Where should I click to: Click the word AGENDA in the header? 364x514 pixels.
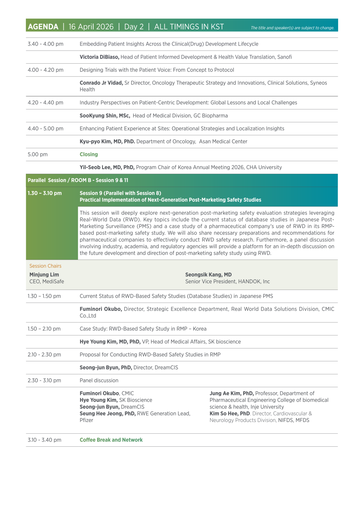43,27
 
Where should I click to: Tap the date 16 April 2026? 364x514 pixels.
91,27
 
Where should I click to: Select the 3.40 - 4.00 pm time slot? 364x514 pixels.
45,44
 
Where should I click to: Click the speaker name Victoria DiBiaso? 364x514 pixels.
99,57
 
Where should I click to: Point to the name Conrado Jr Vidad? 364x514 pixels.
101,83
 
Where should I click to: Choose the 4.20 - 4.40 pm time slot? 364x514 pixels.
45,103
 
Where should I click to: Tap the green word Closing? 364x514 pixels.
89,154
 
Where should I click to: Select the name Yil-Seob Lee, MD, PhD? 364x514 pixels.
107,167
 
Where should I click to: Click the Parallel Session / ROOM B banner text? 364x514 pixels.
78,180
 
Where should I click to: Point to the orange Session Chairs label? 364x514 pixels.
45,266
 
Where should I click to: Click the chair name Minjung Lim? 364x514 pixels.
44,275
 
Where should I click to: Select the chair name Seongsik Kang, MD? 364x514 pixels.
208,275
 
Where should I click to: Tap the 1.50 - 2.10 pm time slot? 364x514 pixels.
44,329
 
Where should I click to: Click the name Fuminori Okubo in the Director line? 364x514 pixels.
101,309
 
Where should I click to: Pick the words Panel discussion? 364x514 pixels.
99,380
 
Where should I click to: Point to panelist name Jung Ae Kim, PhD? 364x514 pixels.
232,393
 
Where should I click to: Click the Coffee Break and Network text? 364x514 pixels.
111,440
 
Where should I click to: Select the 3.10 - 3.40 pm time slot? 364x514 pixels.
44,440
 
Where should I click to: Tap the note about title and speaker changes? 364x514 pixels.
292,28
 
